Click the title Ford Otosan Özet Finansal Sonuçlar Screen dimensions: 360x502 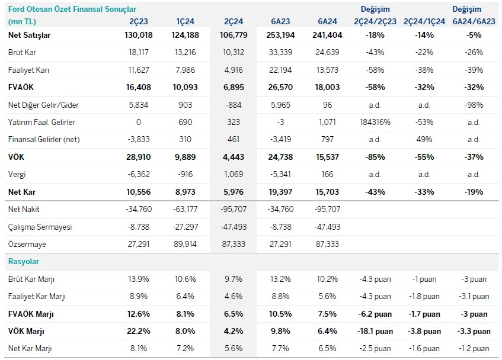[x=72, y=9]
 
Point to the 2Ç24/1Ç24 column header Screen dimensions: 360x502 [x=424, y=21]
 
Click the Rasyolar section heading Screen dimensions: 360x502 [x=24, y=261]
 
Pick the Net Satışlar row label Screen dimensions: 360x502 [x=30, y=35]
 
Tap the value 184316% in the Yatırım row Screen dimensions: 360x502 [x=375, y=122]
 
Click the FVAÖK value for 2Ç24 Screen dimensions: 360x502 [x=232, y=87]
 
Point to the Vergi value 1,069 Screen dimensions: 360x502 [x=232, y=175]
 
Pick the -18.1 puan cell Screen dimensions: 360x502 [x=375, y=331]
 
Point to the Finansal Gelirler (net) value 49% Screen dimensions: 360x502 [x=424, y=140]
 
